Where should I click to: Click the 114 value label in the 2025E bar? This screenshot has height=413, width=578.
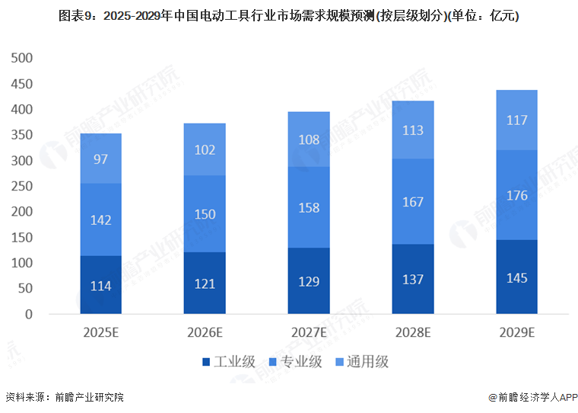(100, 287)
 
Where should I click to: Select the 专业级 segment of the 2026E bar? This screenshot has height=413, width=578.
(205, 214)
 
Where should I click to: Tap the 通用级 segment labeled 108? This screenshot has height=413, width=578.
(309, 139)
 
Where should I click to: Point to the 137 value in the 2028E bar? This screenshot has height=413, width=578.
(413, 280)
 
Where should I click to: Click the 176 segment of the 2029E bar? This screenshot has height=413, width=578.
(517, 196)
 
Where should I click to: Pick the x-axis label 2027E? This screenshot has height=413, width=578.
(309, 332)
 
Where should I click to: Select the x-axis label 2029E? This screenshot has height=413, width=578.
(517, 332)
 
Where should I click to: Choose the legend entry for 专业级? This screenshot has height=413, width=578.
(300, 362)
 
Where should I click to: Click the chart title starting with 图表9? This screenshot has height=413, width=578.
(288, 15)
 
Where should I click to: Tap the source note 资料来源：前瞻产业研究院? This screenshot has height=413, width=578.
(64, 397)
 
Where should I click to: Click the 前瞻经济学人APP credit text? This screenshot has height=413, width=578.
(532, 397)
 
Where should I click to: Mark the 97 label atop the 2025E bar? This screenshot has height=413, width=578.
(100, 158)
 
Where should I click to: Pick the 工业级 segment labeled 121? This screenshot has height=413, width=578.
(205, 283)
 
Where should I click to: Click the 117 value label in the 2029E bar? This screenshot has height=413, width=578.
(517, 120)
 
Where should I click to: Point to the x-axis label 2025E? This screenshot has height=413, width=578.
(100, 332)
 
